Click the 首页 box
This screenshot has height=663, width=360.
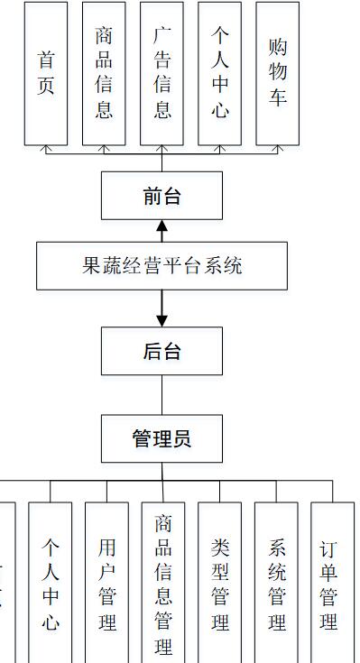coord(46,73)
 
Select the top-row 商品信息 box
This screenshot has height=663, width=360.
coord(104,73)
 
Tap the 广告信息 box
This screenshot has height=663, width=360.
coord(162,73)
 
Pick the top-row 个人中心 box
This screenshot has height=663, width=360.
coord(219,73)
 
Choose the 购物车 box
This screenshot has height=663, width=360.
coord(278,73)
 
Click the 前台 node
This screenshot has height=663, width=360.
coord(162,196)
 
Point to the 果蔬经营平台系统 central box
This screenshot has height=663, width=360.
coord(162,266)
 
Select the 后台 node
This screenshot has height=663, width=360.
coord(162,351)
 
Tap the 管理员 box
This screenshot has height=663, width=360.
coord(162,439)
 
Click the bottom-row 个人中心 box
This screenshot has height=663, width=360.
coord(51,583)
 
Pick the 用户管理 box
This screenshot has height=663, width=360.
coord(107,583)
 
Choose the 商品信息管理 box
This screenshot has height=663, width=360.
coord(163,583)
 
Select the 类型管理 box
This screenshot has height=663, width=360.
coord(220,583)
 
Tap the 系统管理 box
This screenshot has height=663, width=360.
coord(276,583)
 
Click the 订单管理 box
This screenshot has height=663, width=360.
coord(331,583)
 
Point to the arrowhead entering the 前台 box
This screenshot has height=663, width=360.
coord(162,225)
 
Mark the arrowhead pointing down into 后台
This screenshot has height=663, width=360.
coord(162,320)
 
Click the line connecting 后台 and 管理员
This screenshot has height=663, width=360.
coord(162,394)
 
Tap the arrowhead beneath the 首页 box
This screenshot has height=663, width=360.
coord(46,148)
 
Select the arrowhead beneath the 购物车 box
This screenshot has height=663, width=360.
coord(278,148)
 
